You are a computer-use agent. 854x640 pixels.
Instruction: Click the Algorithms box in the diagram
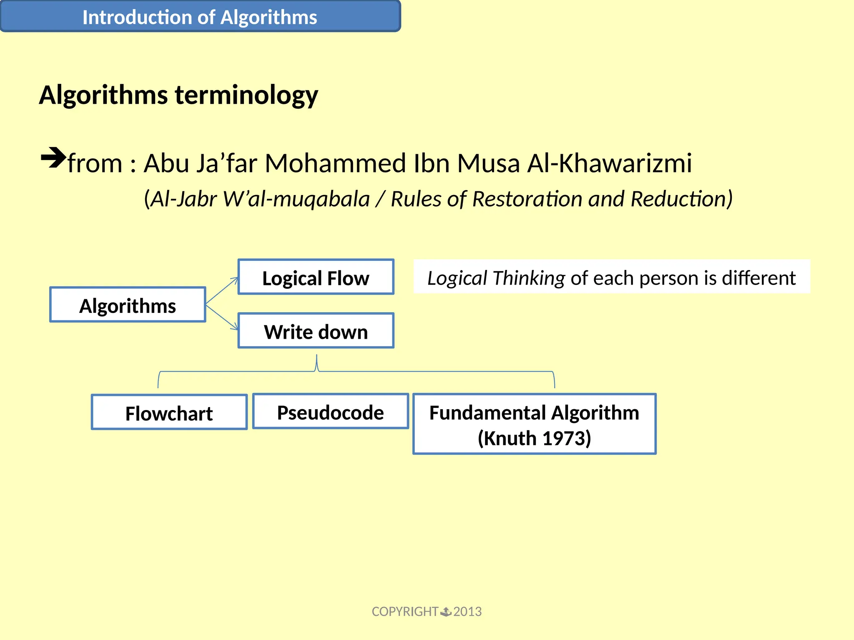point(128,305)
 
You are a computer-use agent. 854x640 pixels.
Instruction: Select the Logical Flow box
point(316,277)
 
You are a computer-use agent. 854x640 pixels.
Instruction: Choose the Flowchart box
point(169,412)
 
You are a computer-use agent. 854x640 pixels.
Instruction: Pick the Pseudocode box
point(330,412)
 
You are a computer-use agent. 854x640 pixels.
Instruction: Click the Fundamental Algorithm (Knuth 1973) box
point(534,424)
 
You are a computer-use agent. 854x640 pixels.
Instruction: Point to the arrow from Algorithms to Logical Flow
point(222,290)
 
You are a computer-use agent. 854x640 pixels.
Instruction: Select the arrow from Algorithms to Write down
point(222,317)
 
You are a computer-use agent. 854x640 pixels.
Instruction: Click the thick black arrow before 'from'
point(53,157)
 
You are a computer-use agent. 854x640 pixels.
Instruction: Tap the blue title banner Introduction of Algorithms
point(200,17)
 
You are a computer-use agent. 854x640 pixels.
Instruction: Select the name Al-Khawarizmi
point(609,163)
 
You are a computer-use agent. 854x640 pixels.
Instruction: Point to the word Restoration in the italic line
point(527,199)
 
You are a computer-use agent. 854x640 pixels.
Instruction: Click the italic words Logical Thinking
point(496,278)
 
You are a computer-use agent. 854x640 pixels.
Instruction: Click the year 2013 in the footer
point(467,611)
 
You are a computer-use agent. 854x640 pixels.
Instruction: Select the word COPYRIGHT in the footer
point(404,611)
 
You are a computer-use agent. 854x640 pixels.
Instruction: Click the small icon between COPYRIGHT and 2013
point(446,611)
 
